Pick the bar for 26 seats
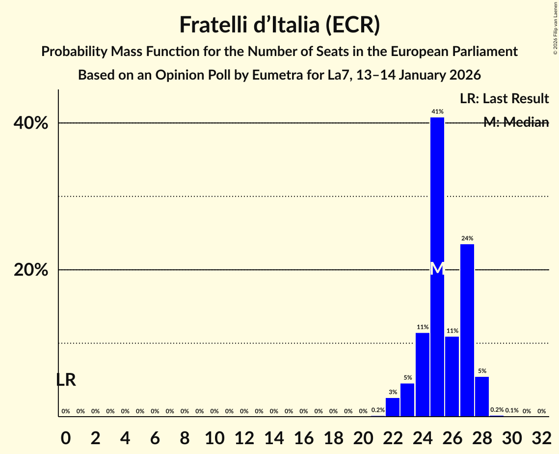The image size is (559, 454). coord(452,376)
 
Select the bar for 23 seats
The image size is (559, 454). coord(407,399)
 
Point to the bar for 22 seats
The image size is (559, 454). coord(393,407)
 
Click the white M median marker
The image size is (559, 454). coord(437,268)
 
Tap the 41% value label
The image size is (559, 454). coord(437,112)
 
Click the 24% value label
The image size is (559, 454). coord(467,238)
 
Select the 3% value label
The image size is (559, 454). coord(393,392)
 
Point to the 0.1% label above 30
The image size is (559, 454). coord(512,410)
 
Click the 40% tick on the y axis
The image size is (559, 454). coord(30,123)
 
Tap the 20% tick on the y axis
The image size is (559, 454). coord(30,270)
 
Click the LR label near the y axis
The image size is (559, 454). coord(65,380)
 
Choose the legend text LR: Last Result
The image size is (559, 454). coord(504,98)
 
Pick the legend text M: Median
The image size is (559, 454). coord(515,122)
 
